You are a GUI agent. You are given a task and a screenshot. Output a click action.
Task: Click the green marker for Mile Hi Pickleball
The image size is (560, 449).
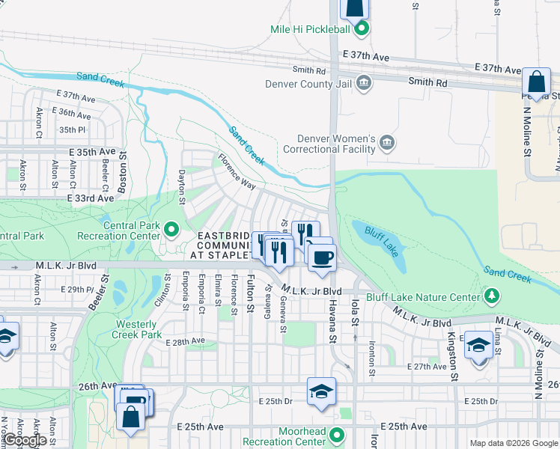(x=362, y=29)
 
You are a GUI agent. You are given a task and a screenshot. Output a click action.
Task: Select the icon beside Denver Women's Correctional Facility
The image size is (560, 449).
(x=386, y=143)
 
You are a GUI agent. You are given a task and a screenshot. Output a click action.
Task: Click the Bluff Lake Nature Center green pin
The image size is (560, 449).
(x=491, y=297)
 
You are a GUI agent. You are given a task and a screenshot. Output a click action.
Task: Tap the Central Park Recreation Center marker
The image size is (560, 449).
(x=171, y=230)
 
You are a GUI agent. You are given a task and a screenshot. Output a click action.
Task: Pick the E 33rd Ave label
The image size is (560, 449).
(x=90, y=198)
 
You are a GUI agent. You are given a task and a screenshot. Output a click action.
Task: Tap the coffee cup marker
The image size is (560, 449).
(x=322, y=257)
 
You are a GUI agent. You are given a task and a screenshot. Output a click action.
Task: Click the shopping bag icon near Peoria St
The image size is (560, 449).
(x=536, y=82)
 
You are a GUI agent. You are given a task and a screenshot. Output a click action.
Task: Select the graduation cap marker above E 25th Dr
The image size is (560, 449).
(x=321, y=392)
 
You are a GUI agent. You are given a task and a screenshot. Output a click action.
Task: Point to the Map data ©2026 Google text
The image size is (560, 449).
(x=514, y=443)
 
